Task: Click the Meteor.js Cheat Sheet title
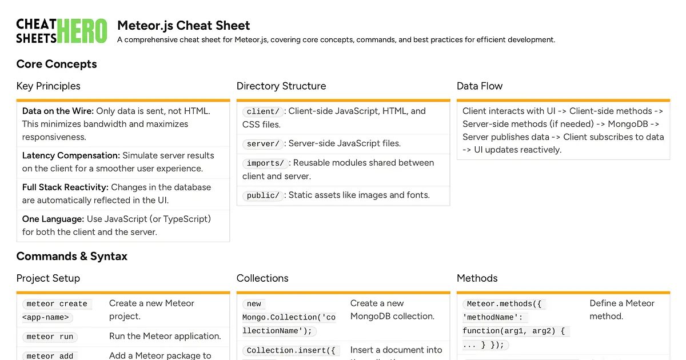tap(184, 26)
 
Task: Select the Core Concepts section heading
tap(57, 64)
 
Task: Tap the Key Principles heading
tap(48, 86)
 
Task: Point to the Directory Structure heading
tap(281, 86)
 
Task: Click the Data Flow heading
tap(480, 86)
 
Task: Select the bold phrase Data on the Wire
tap(58, 111)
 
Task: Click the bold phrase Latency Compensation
tap(71, 155)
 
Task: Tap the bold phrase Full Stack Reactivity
tap(65, 187)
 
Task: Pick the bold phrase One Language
tap(53, 219)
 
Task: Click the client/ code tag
tap(263, 111)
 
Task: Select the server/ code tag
tap(263, 144)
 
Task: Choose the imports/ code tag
tap(265, 163)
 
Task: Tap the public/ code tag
tap(263, 195)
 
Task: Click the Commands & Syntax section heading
tap(72, 256)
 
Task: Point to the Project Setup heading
tap(48, 278)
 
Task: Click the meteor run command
tap(50, 337)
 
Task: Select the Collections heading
tap(262, 278)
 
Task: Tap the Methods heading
tap(477, 278)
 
